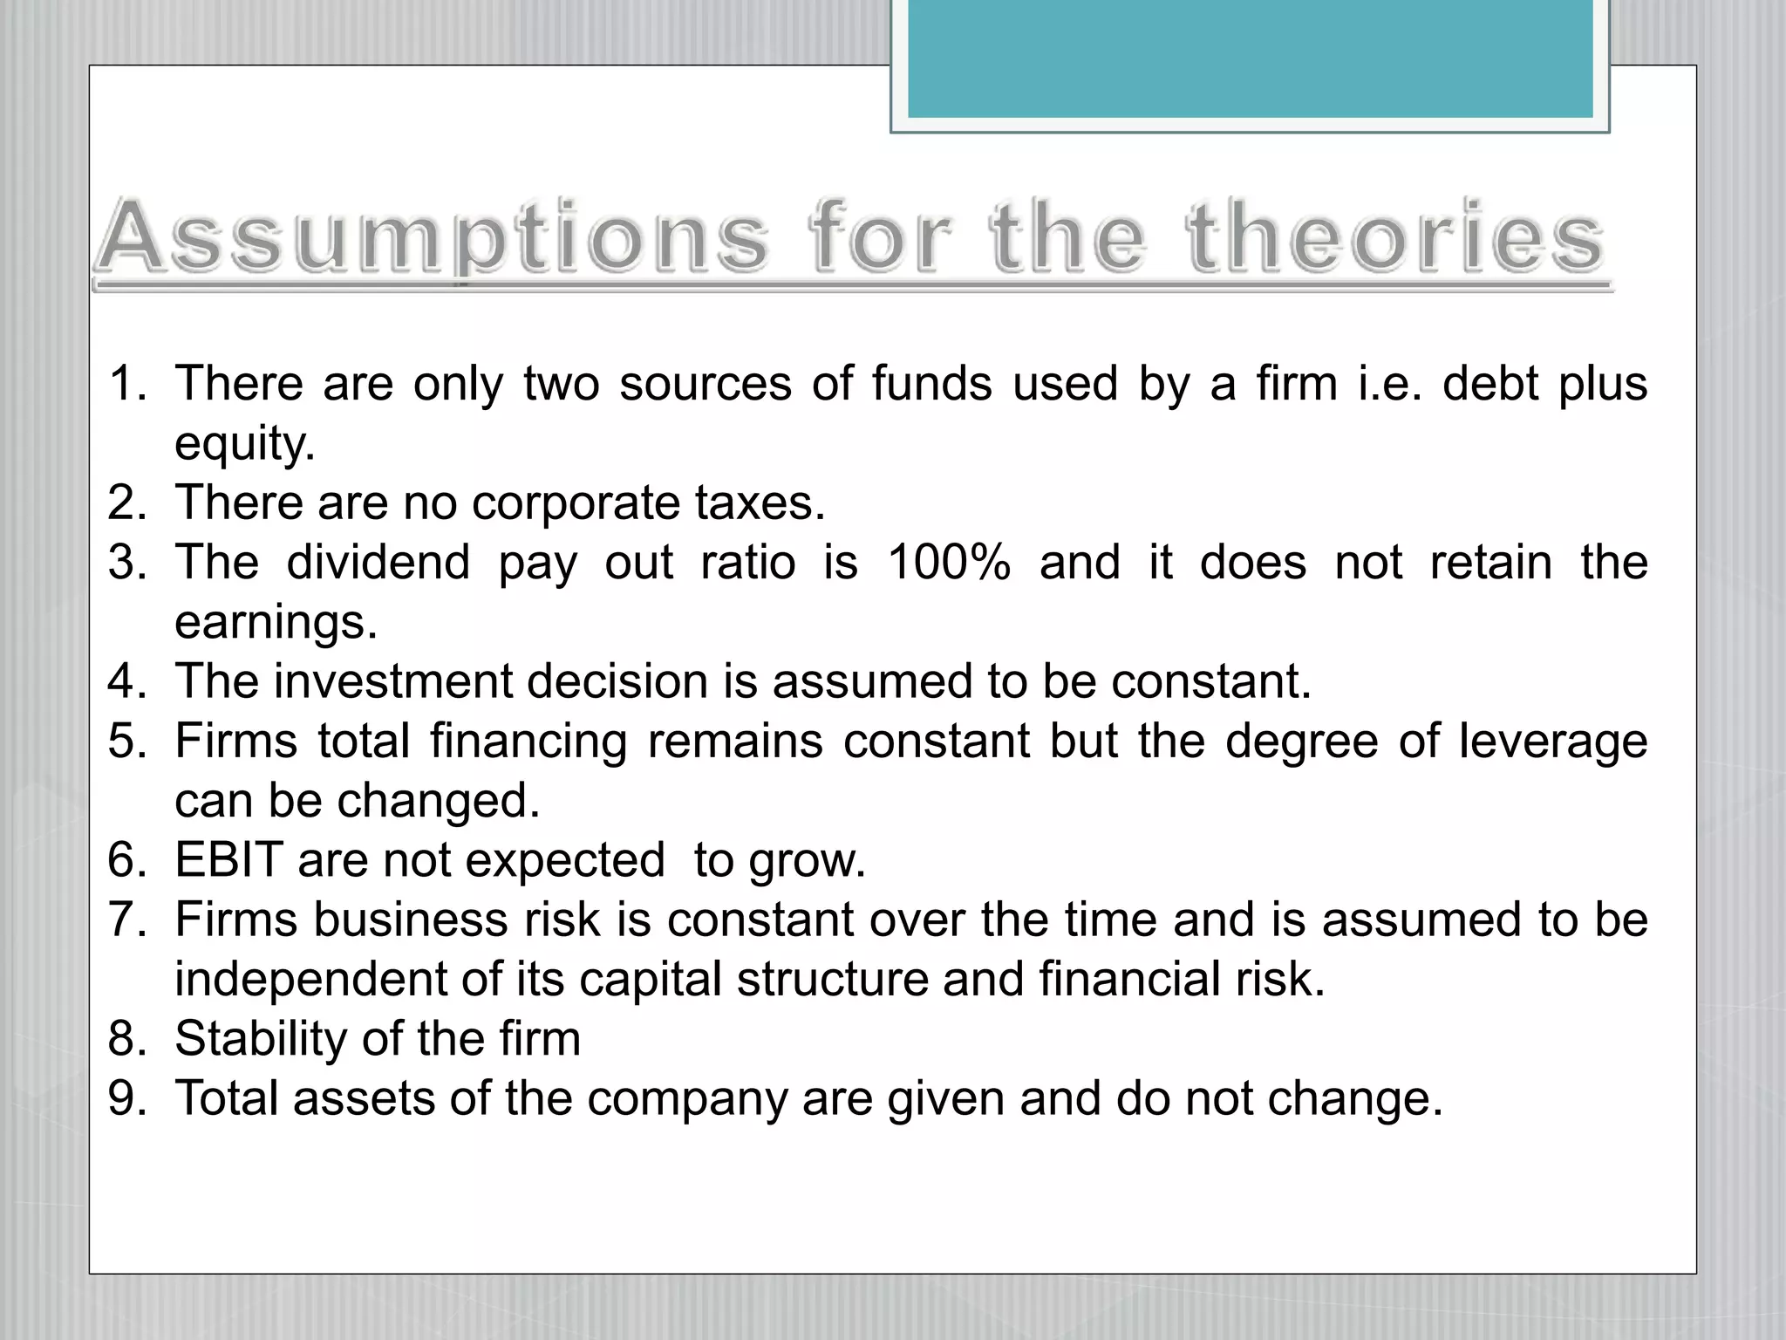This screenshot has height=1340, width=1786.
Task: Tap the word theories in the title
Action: [1395, 236]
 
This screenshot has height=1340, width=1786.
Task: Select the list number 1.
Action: [127, 384]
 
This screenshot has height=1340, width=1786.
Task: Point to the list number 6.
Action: [127, 860]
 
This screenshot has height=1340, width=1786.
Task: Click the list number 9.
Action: [127, 1098]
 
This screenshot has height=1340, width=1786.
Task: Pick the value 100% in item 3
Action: [949, 563]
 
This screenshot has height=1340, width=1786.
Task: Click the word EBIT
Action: [228, 860]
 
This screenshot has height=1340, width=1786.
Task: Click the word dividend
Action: [378, 563]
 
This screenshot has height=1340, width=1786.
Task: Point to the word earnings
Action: [276, 623]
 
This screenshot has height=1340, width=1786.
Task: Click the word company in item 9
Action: [687, 1099]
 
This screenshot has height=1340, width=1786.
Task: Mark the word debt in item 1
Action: [1490, 384]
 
